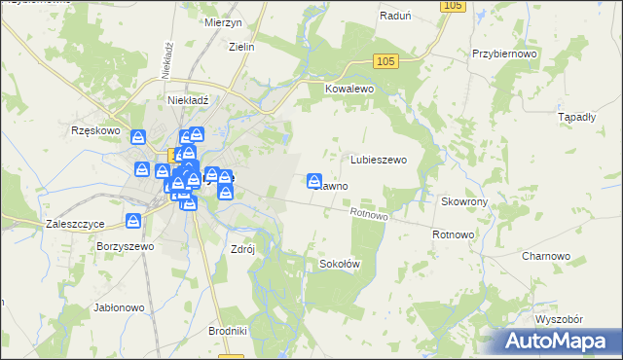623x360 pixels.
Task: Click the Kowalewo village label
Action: click(x=349, y=88)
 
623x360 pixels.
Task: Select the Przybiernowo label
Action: click(x=503, y=54)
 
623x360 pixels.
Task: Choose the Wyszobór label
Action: click(x=558, y=319)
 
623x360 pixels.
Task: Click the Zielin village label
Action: click(x=240, y=47)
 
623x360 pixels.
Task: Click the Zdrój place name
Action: click(x=241, y=248)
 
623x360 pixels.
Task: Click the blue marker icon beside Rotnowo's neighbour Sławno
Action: click(x=314, y=180)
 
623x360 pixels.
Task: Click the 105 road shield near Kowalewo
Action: click(x=385, y=62)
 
